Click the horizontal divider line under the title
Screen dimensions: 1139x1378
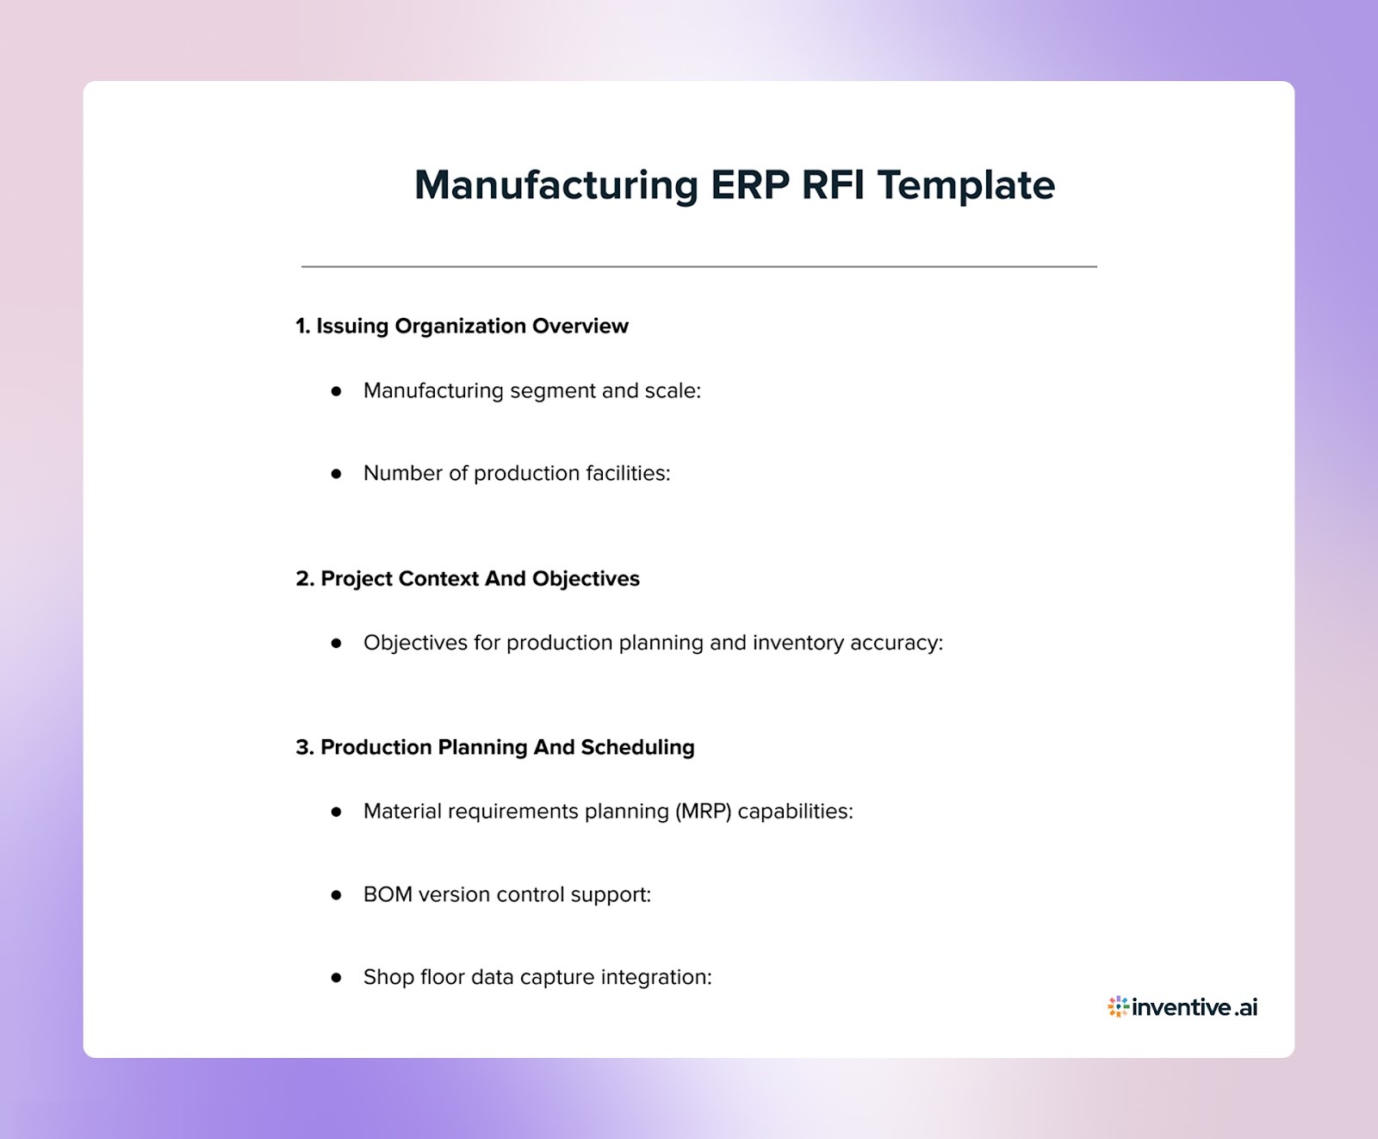[698, 267]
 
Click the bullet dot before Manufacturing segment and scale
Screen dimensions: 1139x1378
[336, 391]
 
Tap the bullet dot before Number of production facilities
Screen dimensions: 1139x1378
[336, 474]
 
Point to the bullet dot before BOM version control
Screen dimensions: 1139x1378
[336, 895]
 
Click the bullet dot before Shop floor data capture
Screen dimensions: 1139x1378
[336, 978]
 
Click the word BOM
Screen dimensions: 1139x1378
[388, 895]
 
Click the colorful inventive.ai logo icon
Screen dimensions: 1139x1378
[1118, 1006]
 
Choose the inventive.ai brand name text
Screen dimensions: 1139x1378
[1195, 1006]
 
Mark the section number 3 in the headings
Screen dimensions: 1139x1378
[302, 747]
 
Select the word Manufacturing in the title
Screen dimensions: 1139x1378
[556, 185]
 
